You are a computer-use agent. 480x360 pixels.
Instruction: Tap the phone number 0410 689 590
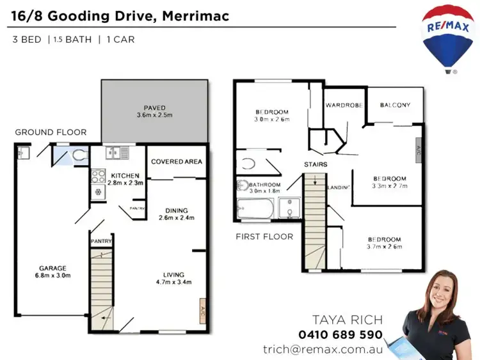[340, 334]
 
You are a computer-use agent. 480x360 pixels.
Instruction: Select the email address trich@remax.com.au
[323, 349]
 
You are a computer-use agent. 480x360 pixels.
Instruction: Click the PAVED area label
[155, 108]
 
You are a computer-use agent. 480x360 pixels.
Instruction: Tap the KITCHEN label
[125, 175]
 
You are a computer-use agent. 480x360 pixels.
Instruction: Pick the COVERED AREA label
[177, 162]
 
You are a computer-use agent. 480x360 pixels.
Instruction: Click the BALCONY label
[395, 106]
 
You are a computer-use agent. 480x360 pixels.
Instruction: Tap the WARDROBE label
[344, 106]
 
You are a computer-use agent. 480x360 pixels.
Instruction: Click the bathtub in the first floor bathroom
[255, 208]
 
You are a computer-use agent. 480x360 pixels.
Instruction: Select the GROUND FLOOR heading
[51, 132]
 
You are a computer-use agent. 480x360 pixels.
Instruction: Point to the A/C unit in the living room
[203, 308]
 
